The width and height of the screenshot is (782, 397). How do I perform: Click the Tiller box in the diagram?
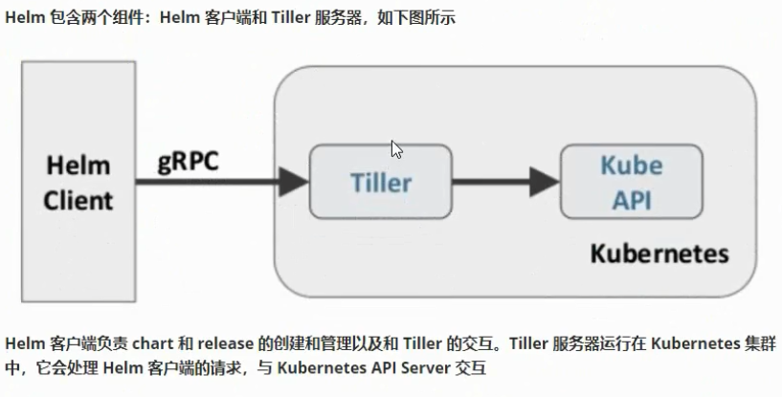pyautogui.click(x=380, y=181)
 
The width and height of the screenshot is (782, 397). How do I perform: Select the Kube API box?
pyautogui.click(x=630, y=181)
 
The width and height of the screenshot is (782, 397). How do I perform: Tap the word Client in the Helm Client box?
pyautogui.click(x=79, y=200)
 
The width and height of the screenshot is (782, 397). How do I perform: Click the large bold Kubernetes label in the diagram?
pyautogui.click(x=659, y=254)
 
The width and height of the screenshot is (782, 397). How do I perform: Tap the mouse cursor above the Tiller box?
pyautogui.click(x=395, y=149)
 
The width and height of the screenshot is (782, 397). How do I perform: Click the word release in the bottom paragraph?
pyautogui.click(x=226, y=344)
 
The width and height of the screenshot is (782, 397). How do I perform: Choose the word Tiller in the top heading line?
pyautogui.click(x=286, y=19)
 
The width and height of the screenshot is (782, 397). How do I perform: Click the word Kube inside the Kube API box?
pyautogui.click(x=631, y=165)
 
